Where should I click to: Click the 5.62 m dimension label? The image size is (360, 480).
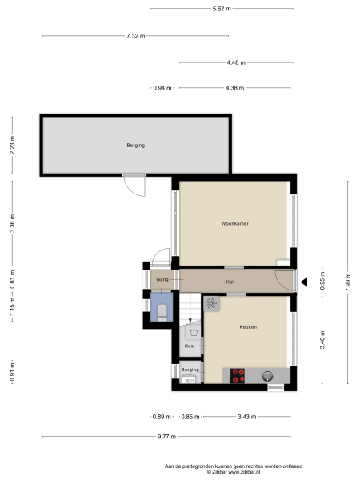click(222, 9)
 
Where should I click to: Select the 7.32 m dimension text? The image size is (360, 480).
click(136, 36)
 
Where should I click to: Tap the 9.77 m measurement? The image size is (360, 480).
click(166, 437)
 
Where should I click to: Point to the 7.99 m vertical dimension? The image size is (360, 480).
click(348, 282)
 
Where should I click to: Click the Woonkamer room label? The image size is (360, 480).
click(234, 223)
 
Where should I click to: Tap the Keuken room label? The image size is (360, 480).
click(248, 327)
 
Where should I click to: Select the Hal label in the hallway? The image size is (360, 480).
click(230, 282)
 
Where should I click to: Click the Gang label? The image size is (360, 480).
click(162, 279)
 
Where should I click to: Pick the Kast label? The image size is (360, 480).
click(190, 346)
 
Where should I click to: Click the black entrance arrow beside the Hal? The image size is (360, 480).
click(304, 282)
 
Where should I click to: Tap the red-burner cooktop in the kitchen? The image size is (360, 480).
click(238, 376)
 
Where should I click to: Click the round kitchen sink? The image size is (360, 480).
click(267, 376)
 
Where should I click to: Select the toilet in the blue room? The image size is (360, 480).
click(162, 312)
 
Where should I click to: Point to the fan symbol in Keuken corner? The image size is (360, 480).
click(211, 304)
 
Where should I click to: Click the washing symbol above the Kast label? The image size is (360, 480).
click(193, 333)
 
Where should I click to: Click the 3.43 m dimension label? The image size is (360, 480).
click(246, 417)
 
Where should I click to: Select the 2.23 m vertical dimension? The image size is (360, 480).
click(12, 145)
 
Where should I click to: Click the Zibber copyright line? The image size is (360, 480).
click(234, 472)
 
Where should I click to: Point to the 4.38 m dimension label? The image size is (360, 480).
click(234, 88)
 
